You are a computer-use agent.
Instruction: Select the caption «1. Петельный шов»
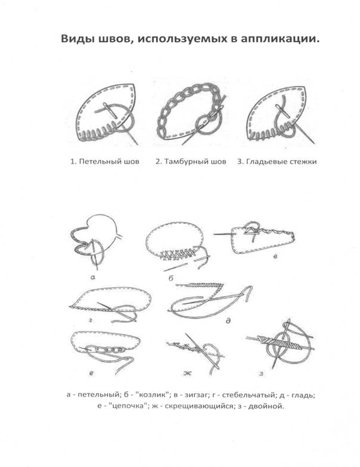(x=105, y=162)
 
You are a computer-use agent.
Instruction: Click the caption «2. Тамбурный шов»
(x=191, y=162)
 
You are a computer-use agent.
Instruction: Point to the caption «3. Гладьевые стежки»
(x=277, y=162)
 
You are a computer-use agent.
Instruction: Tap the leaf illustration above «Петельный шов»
(x=107, y=114)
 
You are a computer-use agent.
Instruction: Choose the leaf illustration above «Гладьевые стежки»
(x=280, y=114)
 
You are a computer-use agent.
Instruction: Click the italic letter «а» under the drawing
(x=93, y=277)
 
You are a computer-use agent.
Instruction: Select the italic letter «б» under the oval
(x=170, y=278)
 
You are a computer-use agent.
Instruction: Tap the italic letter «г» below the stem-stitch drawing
(x=90, y=320)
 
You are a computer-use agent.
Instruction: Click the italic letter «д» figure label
(x=228, y=320)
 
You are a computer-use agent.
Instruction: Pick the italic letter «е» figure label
(x=91, y=372)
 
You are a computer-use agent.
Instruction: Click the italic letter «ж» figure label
(x=187, y=373)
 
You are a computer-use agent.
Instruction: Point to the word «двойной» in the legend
(x=268, y=406)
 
